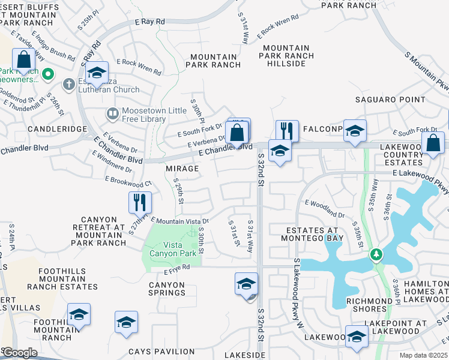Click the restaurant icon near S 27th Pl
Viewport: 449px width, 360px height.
(x=139, y=203)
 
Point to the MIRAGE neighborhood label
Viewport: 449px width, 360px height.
(x=182, y=169)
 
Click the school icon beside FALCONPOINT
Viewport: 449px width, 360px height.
(x=355, y=131)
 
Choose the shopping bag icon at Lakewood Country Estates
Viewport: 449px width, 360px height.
(x=433, y=143)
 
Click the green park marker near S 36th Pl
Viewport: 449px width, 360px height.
(x=376, y=255)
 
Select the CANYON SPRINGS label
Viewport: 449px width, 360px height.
(x=167, y=289)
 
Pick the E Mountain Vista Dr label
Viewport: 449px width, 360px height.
(x=179, y=221)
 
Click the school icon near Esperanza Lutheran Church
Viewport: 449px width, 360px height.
(x=96, y=73)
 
